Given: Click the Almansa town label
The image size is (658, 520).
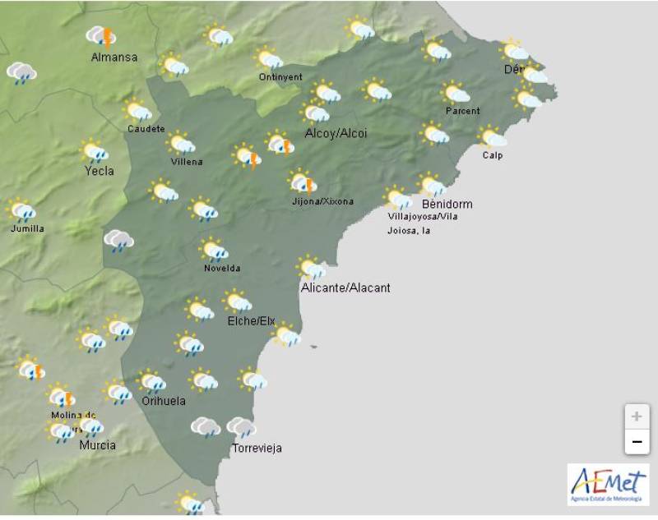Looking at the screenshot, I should pyautogui.click(x=114, y=58).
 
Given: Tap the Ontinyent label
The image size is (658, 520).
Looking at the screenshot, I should pyautogui.click(x=278, y=77).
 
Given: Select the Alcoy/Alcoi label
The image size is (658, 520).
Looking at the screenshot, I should pyautogui.click(x=336, y=133).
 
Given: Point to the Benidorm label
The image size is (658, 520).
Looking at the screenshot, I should pyautogui.click(x=447, y=204).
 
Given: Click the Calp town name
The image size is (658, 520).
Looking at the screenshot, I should pyautogui.click(x=493, y=155).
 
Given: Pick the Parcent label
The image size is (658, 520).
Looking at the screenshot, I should pyautogui.click(x=462, y=111).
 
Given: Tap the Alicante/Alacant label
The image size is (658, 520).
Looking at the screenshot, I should pyautogui.click(x=346, y=288).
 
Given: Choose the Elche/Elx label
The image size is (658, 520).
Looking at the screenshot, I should pyautogui.click(x=251, y=320).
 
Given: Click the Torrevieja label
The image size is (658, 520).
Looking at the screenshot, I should pyautogui.click(x=257, y=448).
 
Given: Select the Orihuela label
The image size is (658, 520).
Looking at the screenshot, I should pyautogui.click(x=163, y=401).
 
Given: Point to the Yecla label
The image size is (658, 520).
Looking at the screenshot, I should pyautogui.click(x=100, y=171).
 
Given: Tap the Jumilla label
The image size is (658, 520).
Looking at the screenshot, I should pyautogui.click(x=27, y=228).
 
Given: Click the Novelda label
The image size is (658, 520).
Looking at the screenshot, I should pyautogui.click(x=222, y=268).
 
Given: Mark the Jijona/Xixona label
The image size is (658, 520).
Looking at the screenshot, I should pyautogui.click(x=323, y=200).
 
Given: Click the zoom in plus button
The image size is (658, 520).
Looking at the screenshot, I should pyautogui.click(x=636, y=416).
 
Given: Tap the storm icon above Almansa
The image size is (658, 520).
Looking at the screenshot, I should pyautogui.click(x=101, y=36).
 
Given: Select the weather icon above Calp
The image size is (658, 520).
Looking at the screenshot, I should pyautogui.click(x=493, y=137).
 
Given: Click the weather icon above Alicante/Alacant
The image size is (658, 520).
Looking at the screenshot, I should pyautogui.click(x=311, y=268).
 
